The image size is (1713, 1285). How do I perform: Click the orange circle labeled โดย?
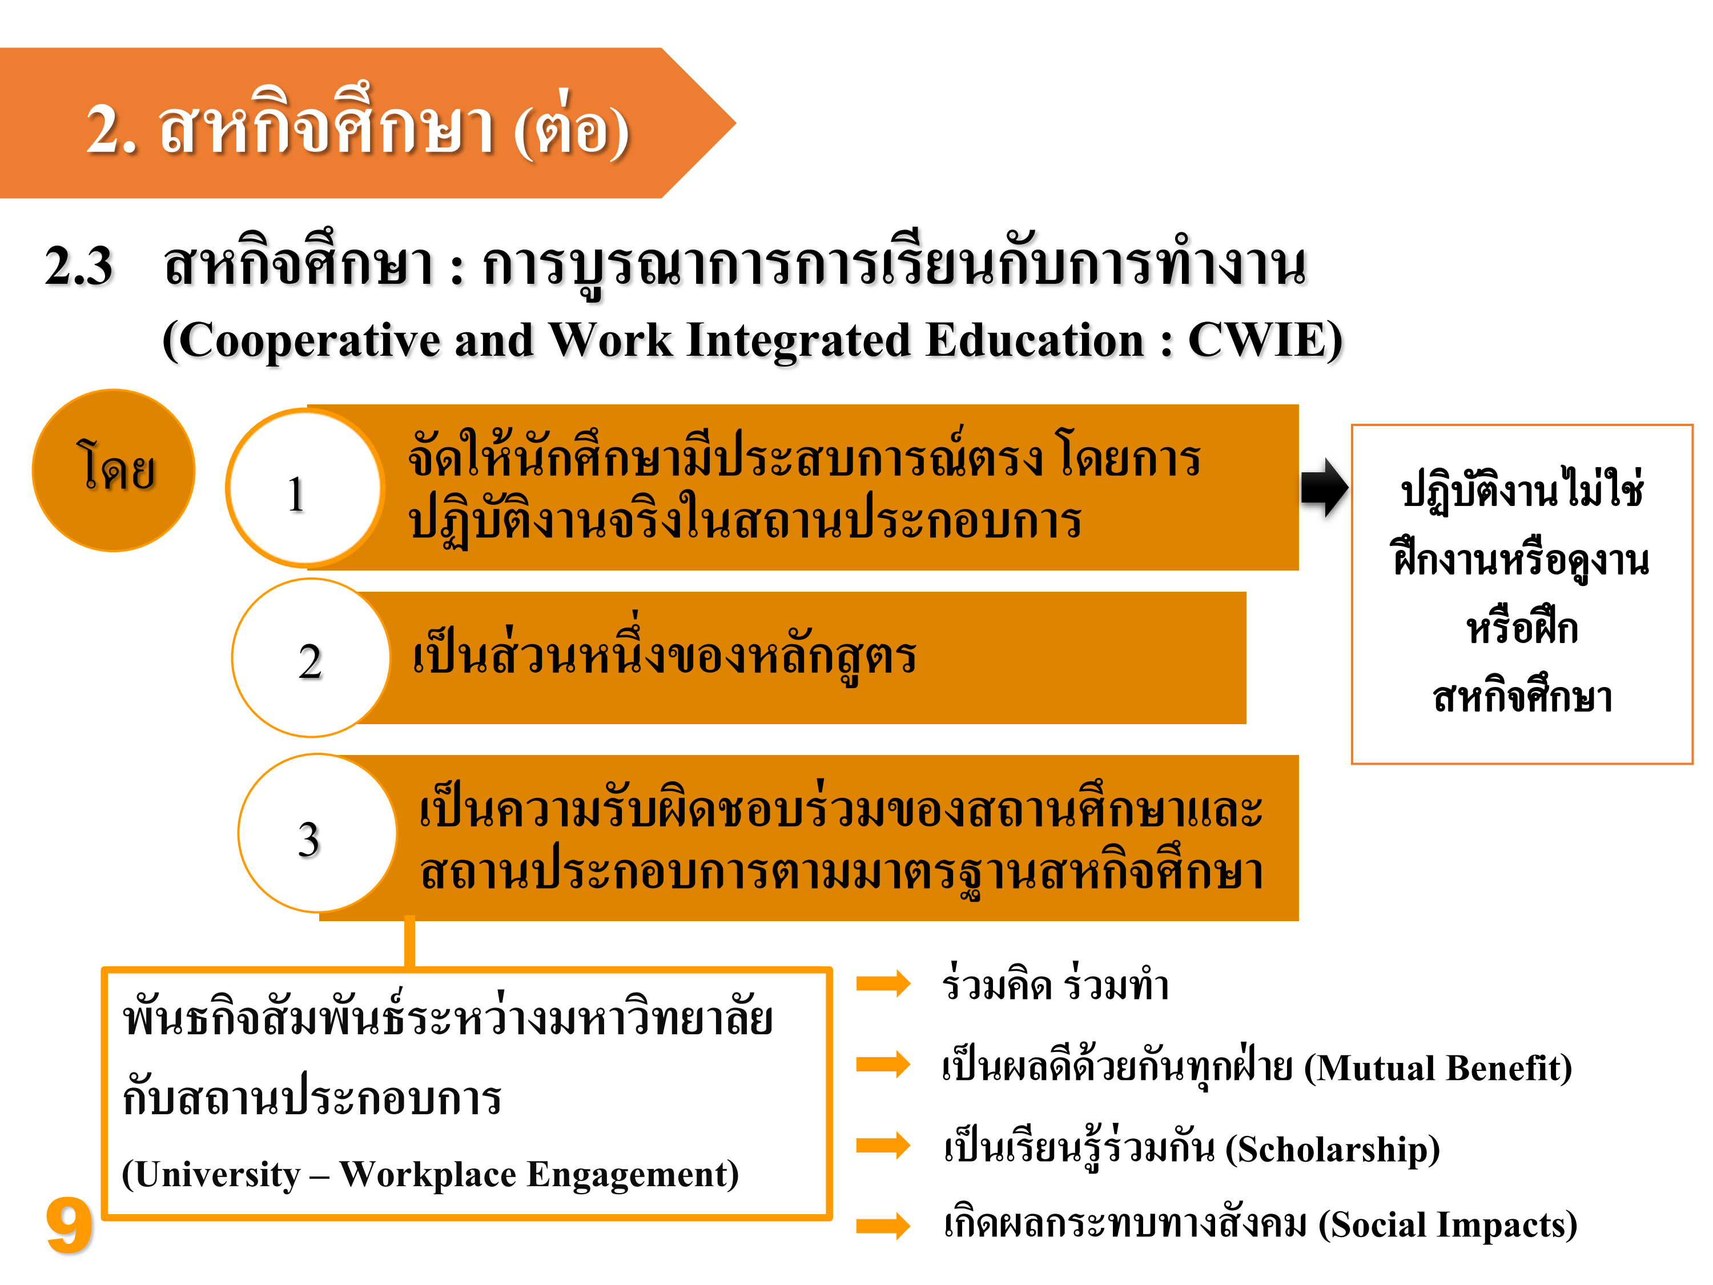point(113,470)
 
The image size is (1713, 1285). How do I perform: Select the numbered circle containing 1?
point(305,488)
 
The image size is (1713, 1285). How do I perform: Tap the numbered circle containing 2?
point(311,657)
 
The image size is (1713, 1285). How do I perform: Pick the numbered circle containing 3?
point(317,833)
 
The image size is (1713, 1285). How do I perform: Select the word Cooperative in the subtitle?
point(309,342)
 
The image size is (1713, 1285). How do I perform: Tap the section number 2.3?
point(78,266)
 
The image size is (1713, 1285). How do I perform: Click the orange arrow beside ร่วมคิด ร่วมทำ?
point(883,983)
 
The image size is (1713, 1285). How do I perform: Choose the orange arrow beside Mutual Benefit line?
point(883,1064)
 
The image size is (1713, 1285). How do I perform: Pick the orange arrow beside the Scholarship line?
point(883,1145)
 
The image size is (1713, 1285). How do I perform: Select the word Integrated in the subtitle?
point(798,342)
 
